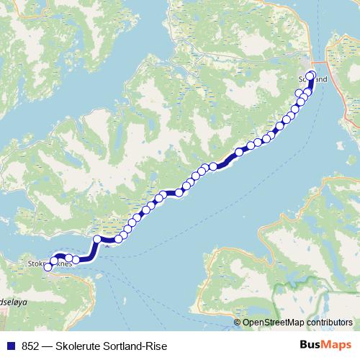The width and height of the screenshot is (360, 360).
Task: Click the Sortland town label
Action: (x=312, y=79)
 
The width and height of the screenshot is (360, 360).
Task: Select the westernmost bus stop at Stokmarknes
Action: (x=48, y=266)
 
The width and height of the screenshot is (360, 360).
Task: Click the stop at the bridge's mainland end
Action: (x=98, y=238)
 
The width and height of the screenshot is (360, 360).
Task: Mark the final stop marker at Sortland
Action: (x=311, y=76)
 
